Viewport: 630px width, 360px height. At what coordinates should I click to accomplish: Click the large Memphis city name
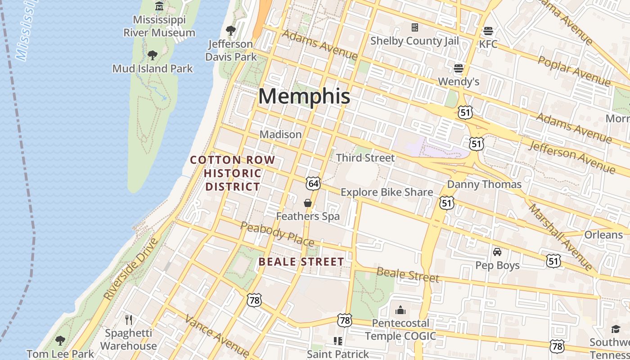tap(304, 96)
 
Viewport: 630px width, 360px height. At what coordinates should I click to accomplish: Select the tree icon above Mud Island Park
tap(153, 55)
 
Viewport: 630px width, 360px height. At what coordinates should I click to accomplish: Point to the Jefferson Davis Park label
tap(231, 50)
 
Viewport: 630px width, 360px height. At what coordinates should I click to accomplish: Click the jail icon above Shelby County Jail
tap(415, 28)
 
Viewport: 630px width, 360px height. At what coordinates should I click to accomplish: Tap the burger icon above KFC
tap(488, 31)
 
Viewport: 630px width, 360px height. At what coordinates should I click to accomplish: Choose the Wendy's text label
tap(459, 81)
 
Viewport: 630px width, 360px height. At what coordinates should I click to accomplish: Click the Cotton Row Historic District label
tap(233, 173)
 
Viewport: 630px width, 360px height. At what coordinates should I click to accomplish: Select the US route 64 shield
tap(313, 183)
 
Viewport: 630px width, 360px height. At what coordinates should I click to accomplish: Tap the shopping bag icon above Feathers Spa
tap(308, 203)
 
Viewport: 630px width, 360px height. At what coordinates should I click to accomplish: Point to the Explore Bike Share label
tap(387, 192)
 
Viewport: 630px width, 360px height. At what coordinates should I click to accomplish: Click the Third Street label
tap(365, 158)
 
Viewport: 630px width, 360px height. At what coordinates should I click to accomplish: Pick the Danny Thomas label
tap(484, 184)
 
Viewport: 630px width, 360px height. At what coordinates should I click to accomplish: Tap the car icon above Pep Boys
tap(497, 252)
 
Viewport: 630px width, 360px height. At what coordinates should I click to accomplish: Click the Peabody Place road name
tap(277, 234)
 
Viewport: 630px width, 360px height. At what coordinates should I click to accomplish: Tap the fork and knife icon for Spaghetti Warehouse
tap(129, 320)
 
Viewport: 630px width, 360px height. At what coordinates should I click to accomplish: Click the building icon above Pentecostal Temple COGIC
tap(400, 310)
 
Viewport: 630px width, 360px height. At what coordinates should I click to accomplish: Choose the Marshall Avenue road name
tap(560, 237)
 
